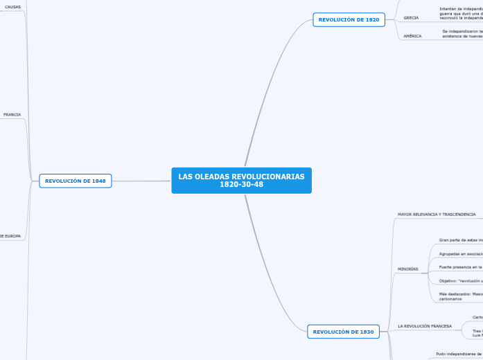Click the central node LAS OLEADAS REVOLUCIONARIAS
[x=241, y=177]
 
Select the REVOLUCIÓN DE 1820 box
[x=349, y=19]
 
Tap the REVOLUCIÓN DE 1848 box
[x=75, y=181]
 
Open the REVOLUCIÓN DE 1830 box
[x=343, y=332]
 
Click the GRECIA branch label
[x=411, y=17]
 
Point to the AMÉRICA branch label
[x=412, y=36]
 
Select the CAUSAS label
[x=12, y=7]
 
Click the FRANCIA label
[x=12, y=114]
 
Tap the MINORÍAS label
[x=408, y=269]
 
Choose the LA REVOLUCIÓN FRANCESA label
[x=425, y=325]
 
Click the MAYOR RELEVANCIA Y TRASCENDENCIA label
[x=437, y=215]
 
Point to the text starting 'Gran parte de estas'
[x=461, y=240]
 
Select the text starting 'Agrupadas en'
[x=461, y=253]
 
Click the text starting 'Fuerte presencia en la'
[x=461, y=267]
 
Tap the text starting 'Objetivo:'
[x=461, y=280]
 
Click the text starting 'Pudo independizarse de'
[x=459, y=353]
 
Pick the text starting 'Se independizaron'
[x=462, y=31]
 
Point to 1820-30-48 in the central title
[x=241, y=184]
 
